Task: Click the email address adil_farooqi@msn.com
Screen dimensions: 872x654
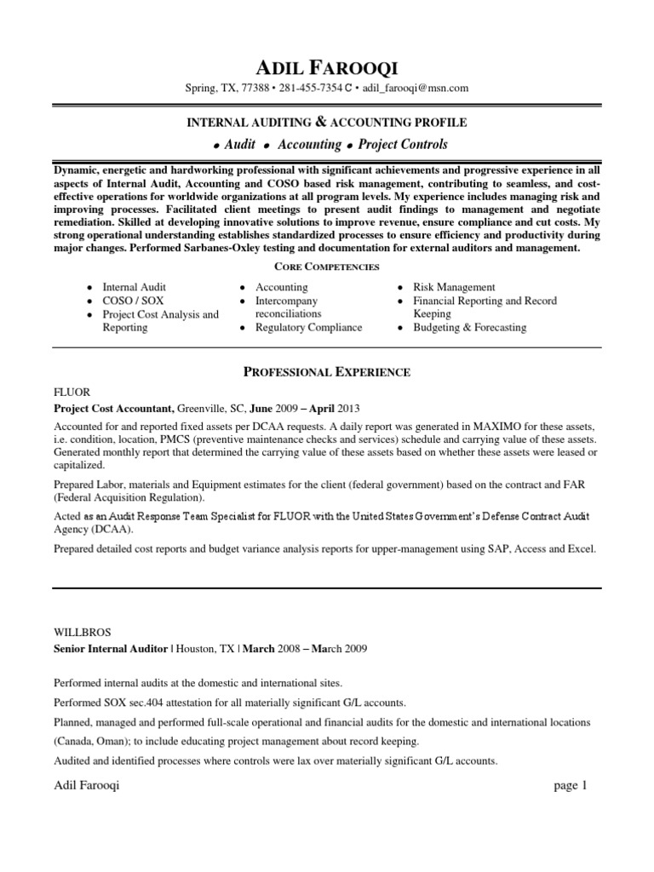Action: (x=416, y=88)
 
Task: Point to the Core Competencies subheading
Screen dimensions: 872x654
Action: (x=326, y=267)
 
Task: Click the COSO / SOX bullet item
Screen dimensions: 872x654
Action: (x=133, y=301)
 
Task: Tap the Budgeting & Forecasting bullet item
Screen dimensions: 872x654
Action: (x=469, y=327)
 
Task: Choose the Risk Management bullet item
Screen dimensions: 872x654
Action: (x=454, y=288)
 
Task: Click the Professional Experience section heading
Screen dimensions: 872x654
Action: (x=327, y=371)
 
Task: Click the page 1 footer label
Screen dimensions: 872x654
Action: (x=571, y=786)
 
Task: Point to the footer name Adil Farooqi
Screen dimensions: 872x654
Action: (x=86, y=786)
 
